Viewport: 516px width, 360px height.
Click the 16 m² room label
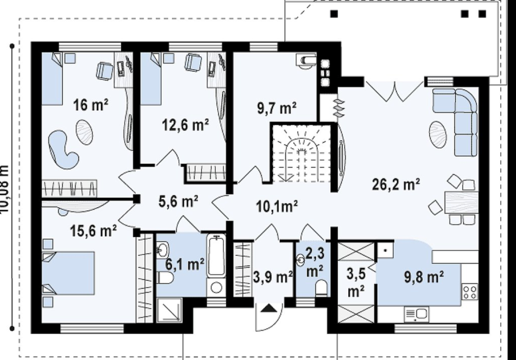90,105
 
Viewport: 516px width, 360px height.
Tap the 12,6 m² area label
185,125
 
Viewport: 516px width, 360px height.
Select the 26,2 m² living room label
396,184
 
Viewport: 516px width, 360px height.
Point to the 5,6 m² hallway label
178,201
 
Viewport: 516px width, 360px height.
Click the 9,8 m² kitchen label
424,277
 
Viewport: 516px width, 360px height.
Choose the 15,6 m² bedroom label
93,231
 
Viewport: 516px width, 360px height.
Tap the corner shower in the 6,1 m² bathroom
169,309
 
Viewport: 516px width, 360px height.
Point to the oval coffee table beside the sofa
438,135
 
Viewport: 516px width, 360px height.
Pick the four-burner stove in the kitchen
470,292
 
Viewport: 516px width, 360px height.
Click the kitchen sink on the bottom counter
416,314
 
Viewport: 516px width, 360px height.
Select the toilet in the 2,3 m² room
321,288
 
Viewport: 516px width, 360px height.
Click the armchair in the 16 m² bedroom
104,71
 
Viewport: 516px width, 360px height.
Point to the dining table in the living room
461,202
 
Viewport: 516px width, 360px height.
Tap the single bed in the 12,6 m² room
151,79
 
